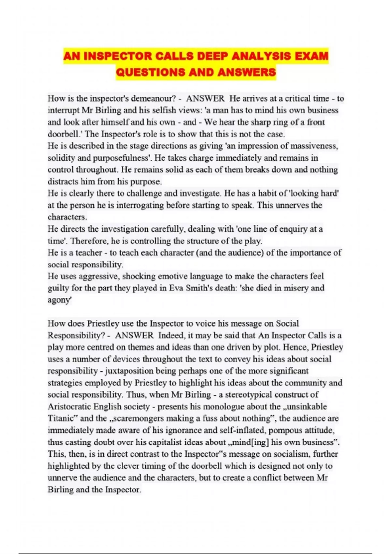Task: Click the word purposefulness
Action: pos(122,158)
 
